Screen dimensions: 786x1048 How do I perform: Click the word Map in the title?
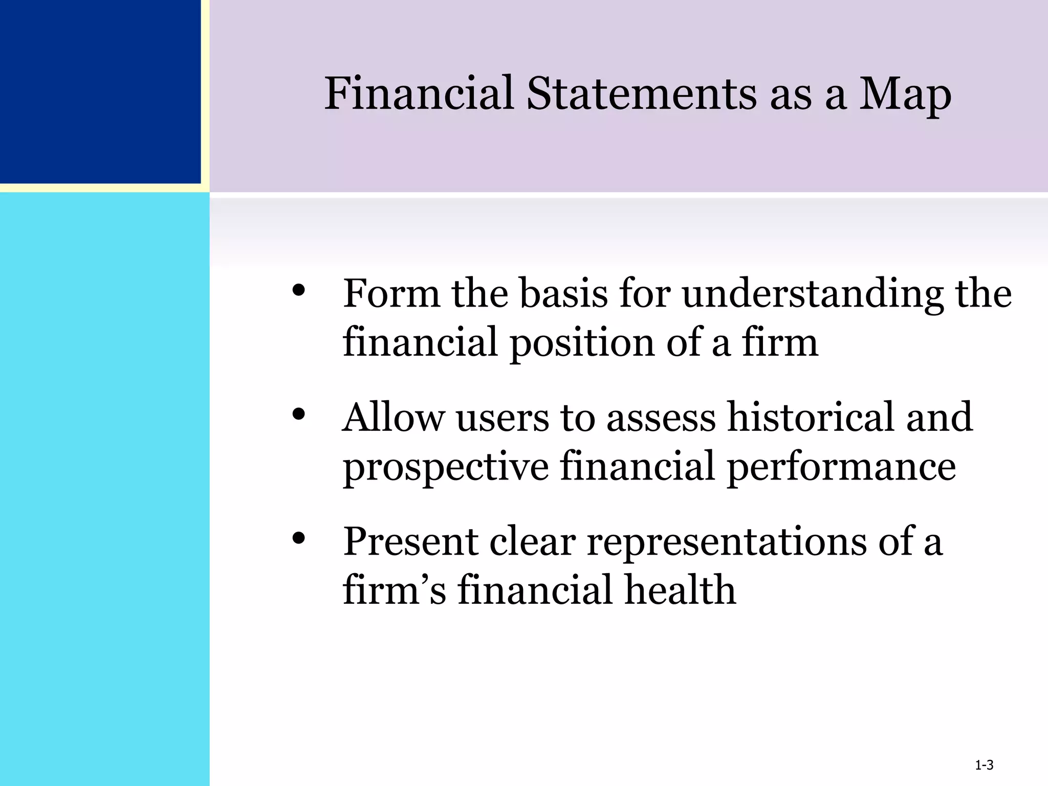(905, 95)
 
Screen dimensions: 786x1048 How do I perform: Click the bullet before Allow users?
(299, 414)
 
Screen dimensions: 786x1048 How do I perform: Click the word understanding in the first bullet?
(813, 295)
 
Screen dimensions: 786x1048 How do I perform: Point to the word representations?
(726, 541)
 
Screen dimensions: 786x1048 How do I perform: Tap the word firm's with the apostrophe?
(394, 589)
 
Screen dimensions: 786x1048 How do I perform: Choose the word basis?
(563, 294)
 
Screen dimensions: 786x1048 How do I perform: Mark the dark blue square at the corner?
(100, 91)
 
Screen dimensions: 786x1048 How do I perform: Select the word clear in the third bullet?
(532, 541)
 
